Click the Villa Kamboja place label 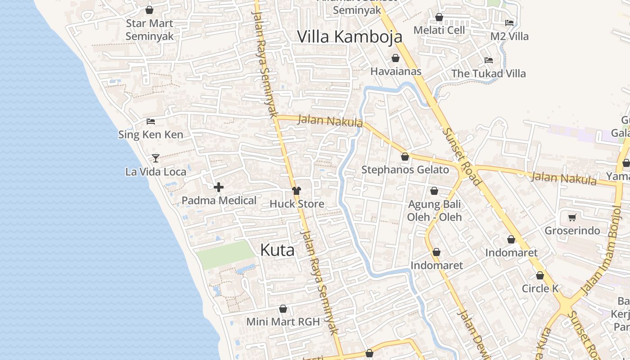[350, 37]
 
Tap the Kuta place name [277, 250]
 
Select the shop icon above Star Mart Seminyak [149, 9]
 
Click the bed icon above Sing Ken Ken [151, 121]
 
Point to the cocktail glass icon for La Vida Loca [156, 158]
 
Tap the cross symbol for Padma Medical [219, 187]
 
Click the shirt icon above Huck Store [296, 191]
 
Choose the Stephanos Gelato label [405, 170]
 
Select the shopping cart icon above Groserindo [572, 218]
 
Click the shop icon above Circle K [540, 275]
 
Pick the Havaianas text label [396, 71]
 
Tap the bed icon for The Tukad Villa [489, 60]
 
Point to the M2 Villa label [509, 36]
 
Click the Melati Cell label [439, 30]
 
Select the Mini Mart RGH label [283, 322]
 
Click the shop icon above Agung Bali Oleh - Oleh [434, 191]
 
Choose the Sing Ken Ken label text [151, 134]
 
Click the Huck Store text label [297, 204]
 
